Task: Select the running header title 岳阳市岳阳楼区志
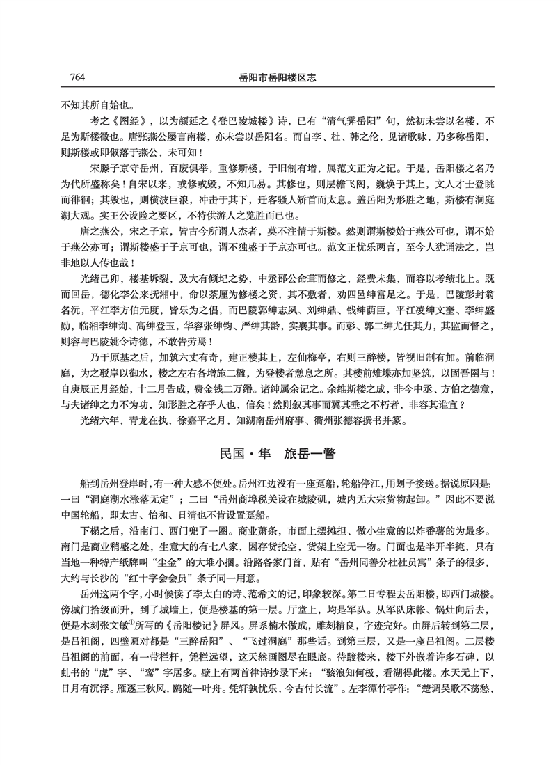[278, 77]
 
